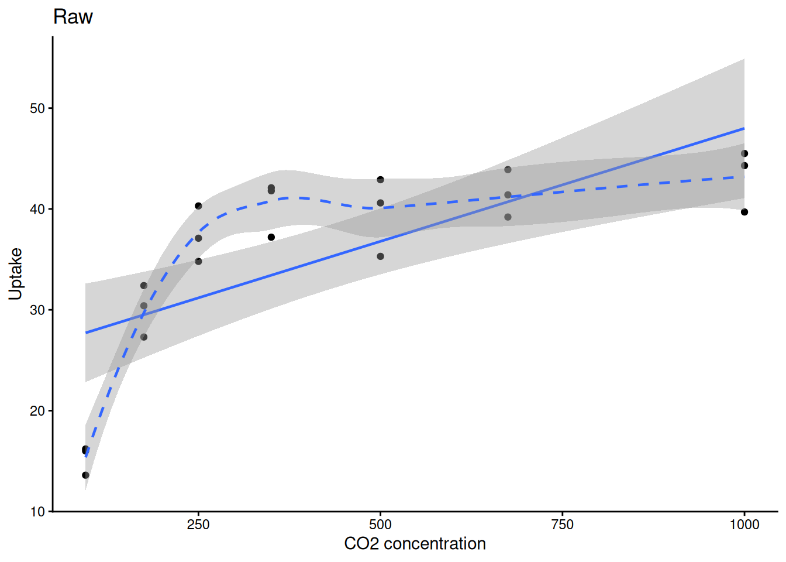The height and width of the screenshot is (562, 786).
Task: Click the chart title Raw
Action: (73, 16)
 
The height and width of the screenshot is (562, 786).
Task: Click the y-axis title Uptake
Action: (15, 273)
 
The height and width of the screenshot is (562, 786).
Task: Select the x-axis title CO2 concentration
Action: (415, 544)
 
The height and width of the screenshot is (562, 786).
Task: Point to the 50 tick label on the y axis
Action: (37, 108)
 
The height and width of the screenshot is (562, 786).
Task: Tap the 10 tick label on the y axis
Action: (37, 512)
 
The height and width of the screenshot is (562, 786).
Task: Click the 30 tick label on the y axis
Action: (37, 310)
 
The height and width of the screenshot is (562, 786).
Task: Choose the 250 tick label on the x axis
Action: (198, 525)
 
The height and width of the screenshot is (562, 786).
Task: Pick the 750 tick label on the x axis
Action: (562, 525)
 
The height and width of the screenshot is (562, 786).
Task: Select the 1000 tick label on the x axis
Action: (744, 525)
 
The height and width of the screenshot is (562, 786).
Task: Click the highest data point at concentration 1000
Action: (744, 154)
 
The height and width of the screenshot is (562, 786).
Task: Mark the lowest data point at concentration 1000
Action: (744, 212)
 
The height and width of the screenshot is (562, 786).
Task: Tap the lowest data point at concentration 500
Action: (381, 256)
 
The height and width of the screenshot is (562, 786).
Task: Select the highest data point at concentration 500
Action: (381, 180)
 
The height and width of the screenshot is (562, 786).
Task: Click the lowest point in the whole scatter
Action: (86, 475)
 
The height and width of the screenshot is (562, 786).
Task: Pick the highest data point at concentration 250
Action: (198, 206)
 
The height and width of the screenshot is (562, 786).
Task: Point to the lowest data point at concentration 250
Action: (198, 261)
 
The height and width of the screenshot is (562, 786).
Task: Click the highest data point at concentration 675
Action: (508, 170)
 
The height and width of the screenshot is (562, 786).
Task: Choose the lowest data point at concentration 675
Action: (508, 217)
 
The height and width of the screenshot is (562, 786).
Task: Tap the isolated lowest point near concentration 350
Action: (271, 237)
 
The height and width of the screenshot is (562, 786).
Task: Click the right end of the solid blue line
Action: (744, 128)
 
